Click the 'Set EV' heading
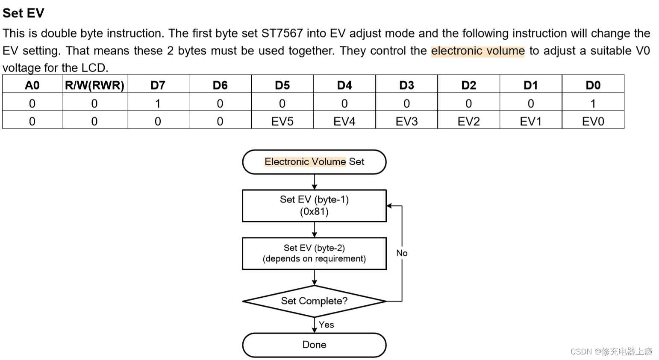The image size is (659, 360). point(23,13)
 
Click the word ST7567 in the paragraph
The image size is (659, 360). point(282,33)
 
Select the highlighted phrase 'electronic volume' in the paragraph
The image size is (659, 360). point(477,51)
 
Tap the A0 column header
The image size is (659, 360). point(32,85)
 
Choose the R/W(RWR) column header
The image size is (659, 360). point(94,85)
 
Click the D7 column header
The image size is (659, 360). point(158,85)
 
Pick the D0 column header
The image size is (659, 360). point(593,85)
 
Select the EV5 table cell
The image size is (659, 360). point(282,121)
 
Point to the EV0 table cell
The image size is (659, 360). point(593,121)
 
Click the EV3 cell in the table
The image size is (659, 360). point(406,121)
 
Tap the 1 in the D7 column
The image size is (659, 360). point(158,103)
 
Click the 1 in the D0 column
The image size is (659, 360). point(593,103)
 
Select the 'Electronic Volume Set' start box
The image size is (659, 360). point(314,162)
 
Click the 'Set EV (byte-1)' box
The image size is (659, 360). point(314,205)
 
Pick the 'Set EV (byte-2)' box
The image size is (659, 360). point(314,253)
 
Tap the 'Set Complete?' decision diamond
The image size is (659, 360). point(314,301)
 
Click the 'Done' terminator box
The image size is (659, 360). point(314,345)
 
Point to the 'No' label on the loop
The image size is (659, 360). point(402,253)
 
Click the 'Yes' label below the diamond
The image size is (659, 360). point(326,325)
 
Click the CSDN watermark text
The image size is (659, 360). point(611,351)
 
